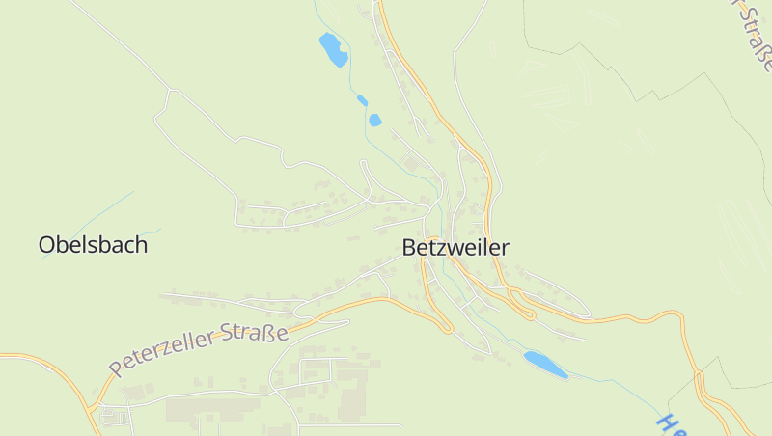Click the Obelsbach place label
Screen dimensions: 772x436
93,245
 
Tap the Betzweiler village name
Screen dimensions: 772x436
455,248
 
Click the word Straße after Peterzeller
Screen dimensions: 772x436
256,333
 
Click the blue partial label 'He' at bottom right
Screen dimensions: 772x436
669,424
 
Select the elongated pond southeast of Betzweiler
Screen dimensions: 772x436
545,364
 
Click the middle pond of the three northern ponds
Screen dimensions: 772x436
362,100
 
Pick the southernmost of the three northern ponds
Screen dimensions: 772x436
374,121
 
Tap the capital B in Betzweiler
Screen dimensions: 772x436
409,248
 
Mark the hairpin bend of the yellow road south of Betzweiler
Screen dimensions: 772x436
448,329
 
